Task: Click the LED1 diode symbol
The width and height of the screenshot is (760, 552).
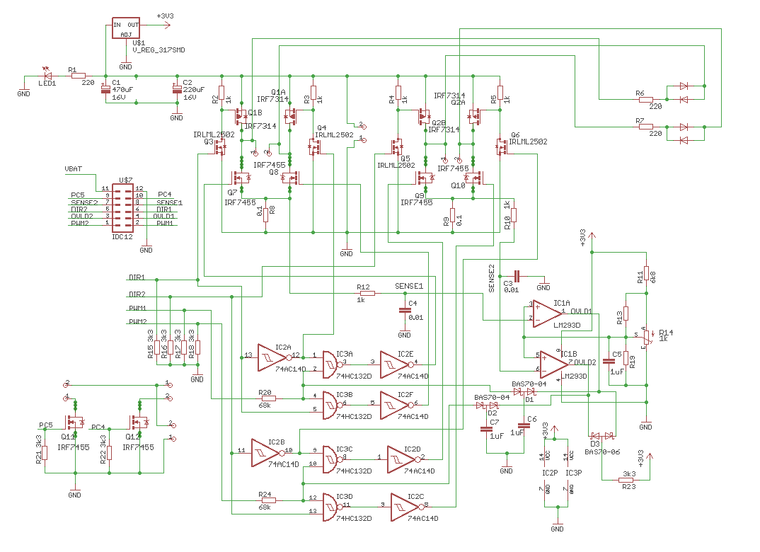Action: tap(48, 75)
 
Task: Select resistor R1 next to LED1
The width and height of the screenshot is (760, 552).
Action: tap(78, 75)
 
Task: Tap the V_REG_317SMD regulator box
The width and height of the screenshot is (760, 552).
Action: tap(125, 29)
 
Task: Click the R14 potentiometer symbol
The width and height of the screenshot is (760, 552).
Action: tap(646, 339)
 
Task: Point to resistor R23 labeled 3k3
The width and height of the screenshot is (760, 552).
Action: tap(627, 481)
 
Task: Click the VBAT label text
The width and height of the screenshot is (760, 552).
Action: tap(74, 170)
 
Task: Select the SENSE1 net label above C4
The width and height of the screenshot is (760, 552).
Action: tap(408, 286)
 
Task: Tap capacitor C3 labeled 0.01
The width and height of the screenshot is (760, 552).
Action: tap(517, 276)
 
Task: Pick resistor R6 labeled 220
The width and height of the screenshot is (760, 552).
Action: tap(645, 100)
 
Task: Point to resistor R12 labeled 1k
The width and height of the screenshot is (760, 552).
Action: tap(365, 292)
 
